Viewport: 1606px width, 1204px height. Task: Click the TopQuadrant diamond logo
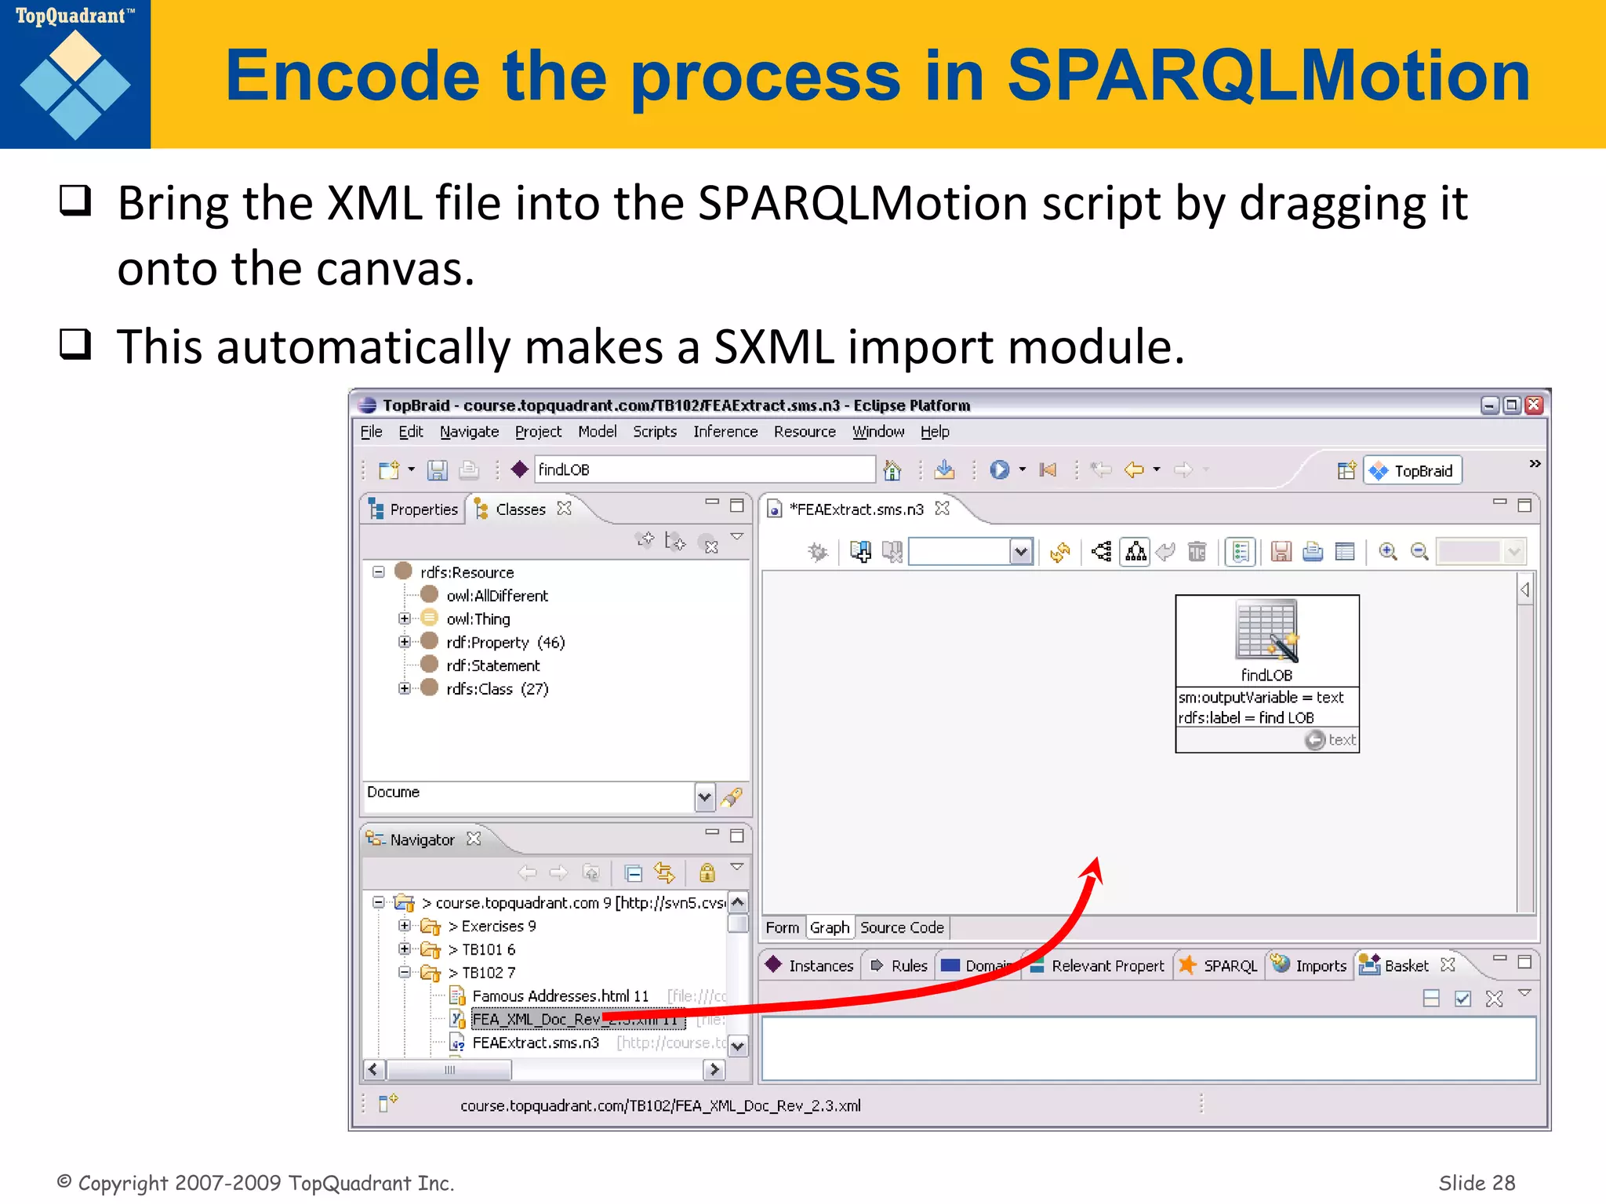click(x=75, y=85)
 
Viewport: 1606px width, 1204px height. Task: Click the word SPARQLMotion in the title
click(x=1267, y=76)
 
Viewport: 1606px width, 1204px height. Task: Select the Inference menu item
click(x=725, y=432)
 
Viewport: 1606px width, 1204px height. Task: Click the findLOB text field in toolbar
click(x=703, y=470)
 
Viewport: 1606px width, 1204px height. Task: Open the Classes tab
click(x=519, y=510)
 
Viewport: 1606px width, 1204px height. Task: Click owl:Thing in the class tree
click(x=478, y=619)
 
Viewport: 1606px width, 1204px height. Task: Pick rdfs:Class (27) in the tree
click(x=496, y=689)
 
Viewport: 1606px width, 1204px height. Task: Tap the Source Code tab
click(x=901, y=928)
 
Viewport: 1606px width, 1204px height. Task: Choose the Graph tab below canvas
click(x=829, y=928)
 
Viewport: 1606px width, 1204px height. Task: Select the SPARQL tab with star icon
click(x=1229, y=966)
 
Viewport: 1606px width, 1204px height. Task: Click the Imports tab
click(x=1320, y=966)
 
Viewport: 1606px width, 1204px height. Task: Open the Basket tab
click(x=1405, y=966)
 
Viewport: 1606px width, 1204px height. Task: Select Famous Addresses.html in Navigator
click(x=559, y=996)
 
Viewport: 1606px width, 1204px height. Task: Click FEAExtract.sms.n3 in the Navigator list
click(x=535, y=1043)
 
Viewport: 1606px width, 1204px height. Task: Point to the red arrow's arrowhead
click(x=1095, y=867)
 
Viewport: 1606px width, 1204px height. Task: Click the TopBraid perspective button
click(x=1413, y=470)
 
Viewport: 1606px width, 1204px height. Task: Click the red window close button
click(x=1534, y=405)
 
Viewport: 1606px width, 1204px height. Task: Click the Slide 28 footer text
click(x=1476, y=1183)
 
